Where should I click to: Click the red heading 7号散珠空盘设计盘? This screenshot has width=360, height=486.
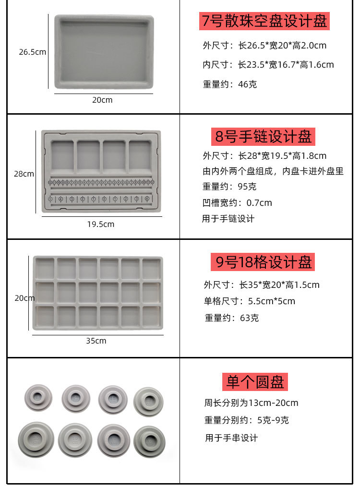click(x=264, y=21)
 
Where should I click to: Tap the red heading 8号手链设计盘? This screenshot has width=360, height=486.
click(x=263, y=136)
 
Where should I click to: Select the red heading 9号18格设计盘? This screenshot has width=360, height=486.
click(x=263, y=262)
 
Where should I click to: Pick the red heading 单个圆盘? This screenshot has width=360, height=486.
click(x=255, y=382)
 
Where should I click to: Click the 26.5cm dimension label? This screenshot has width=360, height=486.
click(x=33, y=52)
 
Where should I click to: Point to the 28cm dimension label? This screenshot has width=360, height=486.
click(x=24, y=174)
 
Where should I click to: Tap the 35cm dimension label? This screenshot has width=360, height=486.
click(x=96, y=341)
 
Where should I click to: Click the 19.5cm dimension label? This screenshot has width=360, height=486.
click(x=101, y=224)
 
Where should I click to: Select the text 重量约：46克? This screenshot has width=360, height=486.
click(x=230, y=84)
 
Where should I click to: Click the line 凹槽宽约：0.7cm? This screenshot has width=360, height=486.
click(x=237, y=203)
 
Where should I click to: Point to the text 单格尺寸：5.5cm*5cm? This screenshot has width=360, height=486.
click(x=250, y=301)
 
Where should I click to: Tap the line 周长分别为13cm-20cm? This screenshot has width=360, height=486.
click(x=251, y=403)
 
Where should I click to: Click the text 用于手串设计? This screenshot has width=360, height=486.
click(x=231, y=438)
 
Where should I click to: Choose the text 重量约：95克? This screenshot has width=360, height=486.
click(x=229, y=186)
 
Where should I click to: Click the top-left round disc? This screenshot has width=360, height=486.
click(x=38, y=398)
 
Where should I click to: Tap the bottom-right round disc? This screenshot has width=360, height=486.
click(x=149, y=442)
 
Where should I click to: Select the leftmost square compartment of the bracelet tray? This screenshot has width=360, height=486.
click(x=62, y=155)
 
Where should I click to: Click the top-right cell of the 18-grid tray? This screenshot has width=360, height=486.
click(x=151, y=268)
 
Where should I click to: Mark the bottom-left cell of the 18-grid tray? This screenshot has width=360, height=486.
click(x=45, y=316)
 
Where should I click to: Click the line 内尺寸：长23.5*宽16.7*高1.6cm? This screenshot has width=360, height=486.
click(x=268, y=65)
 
